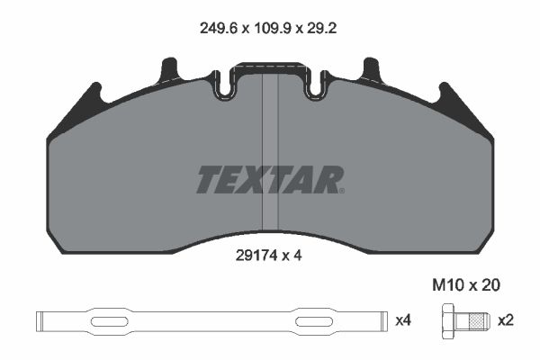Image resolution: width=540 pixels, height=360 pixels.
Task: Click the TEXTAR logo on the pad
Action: click(270, 179)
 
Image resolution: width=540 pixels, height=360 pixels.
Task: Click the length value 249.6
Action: click(219, 28)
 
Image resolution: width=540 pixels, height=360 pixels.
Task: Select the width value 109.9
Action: click(273, 28)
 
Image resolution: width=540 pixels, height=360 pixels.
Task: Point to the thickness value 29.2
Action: click(321, 28)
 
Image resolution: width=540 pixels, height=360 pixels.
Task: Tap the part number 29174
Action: click(256, 256)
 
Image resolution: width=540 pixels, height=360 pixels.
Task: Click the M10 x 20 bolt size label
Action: click(466, 285)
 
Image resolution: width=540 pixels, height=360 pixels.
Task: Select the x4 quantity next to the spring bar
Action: click(403, 320)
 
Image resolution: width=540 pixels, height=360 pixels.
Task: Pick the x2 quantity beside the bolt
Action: click(506, 320)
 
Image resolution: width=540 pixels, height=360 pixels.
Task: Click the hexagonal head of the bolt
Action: click(447, 321)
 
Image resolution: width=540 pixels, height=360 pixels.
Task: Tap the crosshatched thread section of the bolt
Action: click(476, 321)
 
